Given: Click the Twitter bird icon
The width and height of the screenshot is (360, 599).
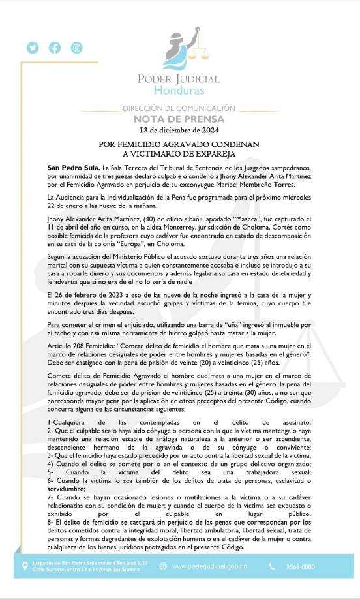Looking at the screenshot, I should coord(33,48).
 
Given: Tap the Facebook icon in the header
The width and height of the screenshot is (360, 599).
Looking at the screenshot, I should coord(55,48).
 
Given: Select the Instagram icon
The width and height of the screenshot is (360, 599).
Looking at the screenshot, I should coord(77,48).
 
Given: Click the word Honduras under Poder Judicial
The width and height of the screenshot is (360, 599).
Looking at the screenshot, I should coord(179,90).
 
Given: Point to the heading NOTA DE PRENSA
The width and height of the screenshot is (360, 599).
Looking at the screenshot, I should coord(179,119).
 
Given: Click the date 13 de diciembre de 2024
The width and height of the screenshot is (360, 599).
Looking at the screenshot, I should coord(179,130).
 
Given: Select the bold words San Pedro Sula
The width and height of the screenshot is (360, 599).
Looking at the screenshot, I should coord(72,168).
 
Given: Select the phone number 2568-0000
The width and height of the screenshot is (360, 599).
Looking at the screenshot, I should coord(299,567).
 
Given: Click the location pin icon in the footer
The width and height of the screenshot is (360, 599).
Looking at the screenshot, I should coord(25,567).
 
